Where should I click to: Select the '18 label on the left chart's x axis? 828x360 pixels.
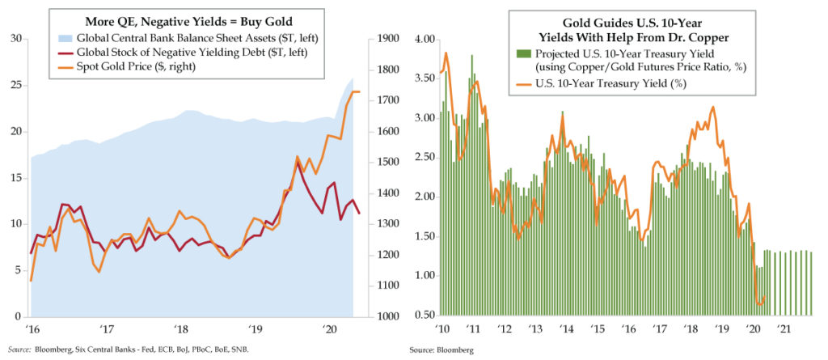tap(180, 329)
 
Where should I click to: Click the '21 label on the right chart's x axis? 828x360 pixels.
tap(784, 329)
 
